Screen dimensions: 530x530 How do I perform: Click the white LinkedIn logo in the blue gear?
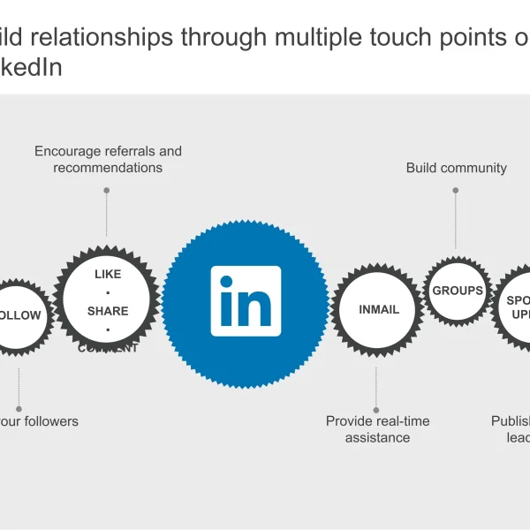246,300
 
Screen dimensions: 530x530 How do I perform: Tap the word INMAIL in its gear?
379,309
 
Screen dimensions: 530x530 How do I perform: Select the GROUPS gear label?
457,291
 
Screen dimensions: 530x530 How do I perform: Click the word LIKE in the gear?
108,274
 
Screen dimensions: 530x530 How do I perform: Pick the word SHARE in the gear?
108,311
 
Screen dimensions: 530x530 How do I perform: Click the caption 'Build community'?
456,168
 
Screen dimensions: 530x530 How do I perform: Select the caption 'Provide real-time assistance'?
378,429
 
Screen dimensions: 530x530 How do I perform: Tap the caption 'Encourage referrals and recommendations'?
108,159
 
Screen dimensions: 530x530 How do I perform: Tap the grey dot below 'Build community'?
456,189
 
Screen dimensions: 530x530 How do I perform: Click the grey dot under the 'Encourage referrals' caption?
107,190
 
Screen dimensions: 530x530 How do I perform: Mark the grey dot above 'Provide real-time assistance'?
377,409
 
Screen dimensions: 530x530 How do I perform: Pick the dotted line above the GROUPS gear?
456,221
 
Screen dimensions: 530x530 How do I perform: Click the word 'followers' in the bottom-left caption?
51,421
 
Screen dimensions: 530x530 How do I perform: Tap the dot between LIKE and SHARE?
108,292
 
